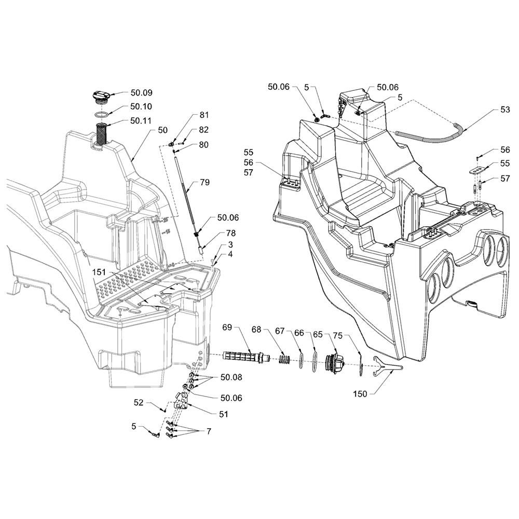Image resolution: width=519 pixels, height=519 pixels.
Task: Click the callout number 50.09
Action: point(141,93)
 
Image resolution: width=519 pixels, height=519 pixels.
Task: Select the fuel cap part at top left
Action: point(101,97)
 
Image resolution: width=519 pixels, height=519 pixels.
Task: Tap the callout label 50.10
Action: point(141,106)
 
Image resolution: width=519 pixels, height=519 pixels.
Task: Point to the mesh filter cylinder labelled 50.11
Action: point(101,133)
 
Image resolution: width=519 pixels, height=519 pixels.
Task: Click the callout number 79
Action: point(205,182)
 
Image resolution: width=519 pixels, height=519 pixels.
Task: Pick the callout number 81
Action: point(204,115)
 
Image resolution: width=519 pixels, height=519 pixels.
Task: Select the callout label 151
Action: point(99,272)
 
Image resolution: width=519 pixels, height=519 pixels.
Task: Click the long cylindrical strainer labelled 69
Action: point(247,357)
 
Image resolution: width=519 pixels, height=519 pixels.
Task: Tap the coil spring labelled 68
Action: point(284,359)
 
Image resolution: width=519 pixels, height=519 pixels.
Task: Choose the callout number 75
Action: point(337,335)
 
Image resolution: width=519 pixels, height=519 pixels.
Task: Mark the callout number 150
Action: point(360,394)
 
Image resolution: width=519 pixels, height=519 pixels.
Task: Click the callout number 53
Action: point(505,110)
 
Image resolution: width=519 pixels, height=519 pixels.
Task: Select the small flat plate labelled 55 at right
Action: point(479,170)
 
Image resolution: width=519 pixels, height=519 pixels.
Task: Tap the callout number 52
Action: point(139,402)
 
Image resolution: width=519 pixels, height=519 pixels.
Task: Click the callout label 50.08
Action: point(231,377)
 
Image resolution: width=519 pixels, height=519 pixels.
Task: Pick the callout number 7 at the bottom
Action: point(209,431)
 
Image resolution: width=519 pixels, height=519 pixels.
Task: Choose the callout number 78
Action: point(231,234)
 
